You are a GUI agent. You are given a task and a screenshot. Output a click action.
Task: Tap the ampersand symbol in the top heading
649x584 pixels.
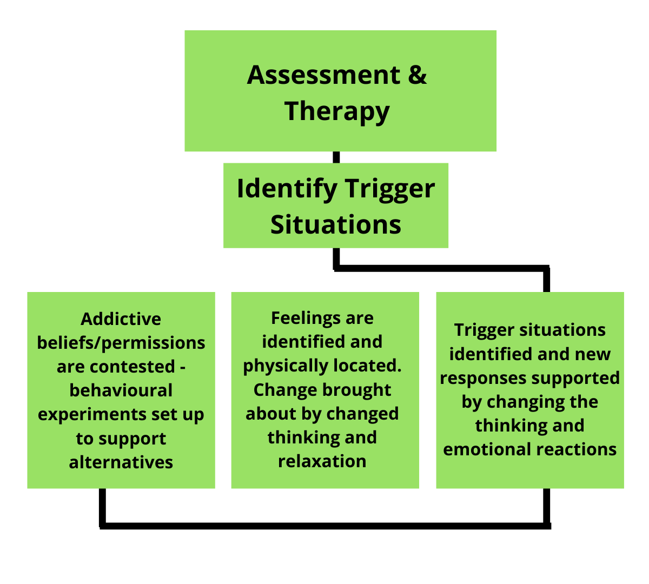pos(417,75)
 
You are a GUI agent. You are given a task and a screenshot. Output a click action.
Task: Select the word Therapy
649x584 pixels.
pos(337,111)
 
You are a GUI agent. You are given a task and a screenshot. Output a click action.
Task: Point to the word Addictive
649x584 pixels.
pos(121,319)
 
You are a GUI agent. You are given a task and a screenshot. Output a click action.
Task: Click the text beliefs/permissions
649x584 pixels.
pos(121,343)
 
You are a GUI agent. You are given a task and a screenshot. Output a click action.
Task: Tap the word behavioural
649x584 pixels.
pos(121,390)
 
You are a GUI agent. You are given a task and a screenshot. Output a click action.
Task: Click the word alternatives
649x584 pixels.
pos(121,462)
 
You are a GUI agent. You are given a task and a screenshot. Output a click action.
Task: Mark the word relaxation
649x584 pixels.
pos(322,461)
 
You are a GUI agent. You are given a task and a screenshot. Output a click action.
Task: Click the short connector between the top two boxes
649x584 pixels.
pos(336,157)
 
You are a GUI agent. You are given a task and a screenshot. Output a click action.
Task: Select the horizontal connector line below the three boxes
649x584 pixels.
pos(325,526)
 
